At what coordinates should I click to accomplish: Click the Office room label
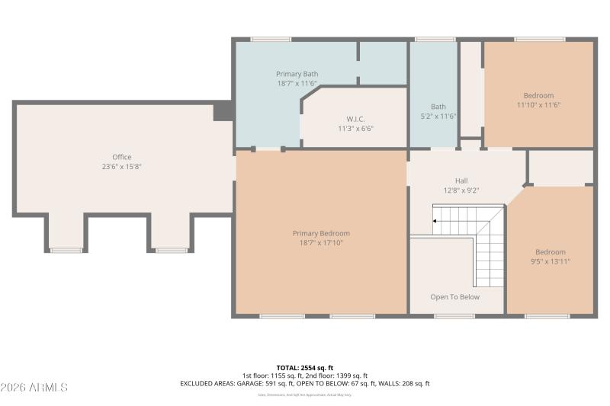tap(122, 157)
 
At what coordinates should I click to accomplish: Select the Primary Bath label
tap(297, 74)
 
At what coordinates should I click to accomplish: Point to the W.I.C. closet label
tap(355, 119)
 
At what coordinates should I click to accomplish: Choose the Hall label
tap(461, 181)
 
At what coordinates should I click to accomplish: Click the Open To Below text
tap(454, 297)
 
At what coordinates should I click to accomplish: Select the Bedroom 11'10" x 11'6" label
tap(539, 100)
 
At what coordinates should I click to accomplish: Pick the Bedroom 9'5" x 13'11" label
tap(550, 257)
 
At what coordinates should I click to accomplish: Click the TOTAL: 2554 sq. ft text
tap(305, 367)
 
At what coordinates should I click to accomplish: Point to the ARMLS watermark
tap(34, 388)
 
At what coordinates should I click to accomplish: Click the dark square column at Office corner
tap(223, 111)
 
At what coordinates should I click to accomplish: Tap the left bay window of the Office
tap(66, 250)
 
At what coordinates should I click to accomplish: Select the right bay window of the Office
tap(172, 250)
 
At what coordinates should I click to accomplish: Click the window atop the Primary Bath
tap(271, 39)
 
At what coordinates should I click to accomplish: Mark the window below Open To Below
tap(454, 316)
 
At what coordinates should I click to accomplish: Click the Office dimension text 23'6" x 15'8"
tap(122, 166)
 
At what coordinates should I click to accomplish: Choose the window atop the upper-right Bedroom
tap(539, 39)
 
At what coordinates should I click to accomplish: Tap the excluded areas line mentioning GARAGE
tap(305, 384)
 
